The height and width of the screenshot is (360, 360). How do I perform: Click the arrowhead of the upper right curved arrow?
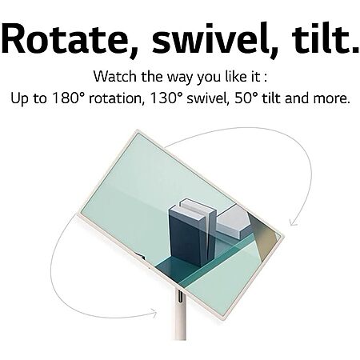pyautogui.click(x=294, y=222)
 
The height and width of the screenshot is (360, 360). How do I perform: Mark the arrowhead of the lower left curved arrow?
pyautogui.click(x=153, y=313)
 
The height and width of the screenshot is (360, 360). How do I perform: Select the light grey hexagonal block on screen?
pyautogui.click(x=233, y=222)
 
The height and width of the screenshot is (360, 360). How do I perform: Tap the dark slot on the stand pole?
pyautogui.click(x=180, y=296)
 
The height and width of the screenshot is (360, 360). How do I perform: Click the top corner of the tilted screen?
pyautogui.click(x=137, y=130)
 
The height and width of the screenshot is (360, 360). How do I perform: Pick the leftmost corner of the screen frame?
pyautogui.click(x=78, y=214)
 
